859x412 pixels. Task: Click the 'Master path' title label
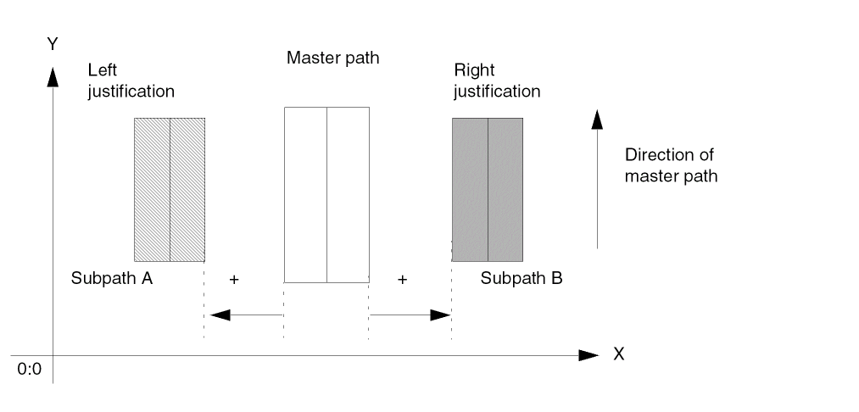[x=332, y=58]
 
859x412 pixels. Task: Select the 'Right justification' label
[x=497, y=81]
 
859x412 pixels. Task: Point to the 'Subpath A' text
[x=111, y=277]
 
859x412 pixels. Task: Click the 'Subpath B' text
[x=522, y=277]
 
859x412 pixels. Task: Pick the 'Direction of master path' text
[x=671, y=165]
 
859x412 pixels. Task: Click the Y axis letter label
[x=53, y=43]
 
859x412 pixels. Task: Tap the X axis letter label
[x=619, y=354]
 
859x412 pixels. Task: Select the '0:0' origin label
[x=29, y=370]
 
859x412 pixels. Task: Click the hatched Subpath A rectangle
[x=153, y=189]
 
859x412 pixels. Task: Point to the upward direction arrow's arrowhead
[x=598, y=120]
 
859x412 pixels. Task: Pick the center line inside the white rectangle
[x=326, y=194]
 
